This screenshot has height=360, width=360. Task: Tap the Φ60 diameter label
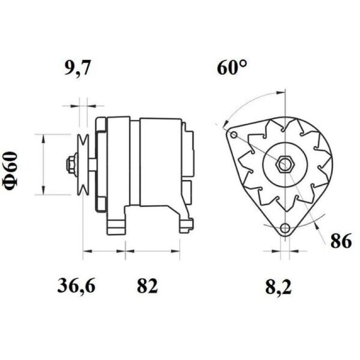(10, 171)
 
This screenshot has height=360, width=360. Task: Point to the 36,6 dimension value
(76, 285)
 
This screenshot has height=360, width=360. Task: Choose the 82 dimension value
(147, 285)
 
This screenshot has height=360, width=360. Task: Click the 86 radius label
(341, 240)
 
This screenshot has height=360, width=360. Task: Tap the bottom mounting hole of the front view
(285, 228)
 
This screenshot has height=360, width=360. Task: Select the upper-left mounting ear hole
(234, 135)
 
